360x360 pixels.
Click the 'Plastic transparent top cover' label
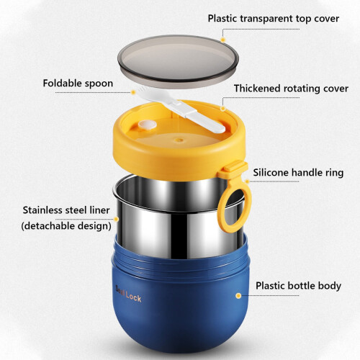(274, 19)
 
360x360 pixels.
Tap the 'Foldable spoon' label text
(78, 84)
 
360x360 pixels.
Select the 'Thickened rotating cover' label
(291, 89)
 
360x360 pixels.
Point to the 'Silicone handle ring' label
(298, 173)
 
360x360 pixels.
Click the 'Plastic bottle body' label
(298, 286)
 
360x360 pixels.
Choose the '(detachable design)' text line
(66, 226)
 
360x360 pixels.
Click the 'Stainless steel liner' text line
(66, 210)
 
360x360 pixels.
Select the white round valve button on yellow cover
(147, 125)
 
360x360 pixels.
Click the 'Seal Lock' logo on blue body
(129, 294)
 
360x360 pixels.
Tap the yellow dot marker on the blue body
(238, 296)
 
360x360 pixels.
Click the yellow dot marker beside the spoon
(134, 92)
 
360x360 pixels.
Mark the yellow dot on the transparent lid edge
(222, 40)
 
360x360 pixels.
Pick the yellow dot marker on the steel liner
(116, 219)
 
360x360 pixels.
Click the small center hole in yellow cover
(179, 140)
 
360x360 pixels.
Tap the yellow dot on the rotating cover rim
(223, 109)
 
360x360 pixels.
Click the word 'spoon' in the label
(99, 84)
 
